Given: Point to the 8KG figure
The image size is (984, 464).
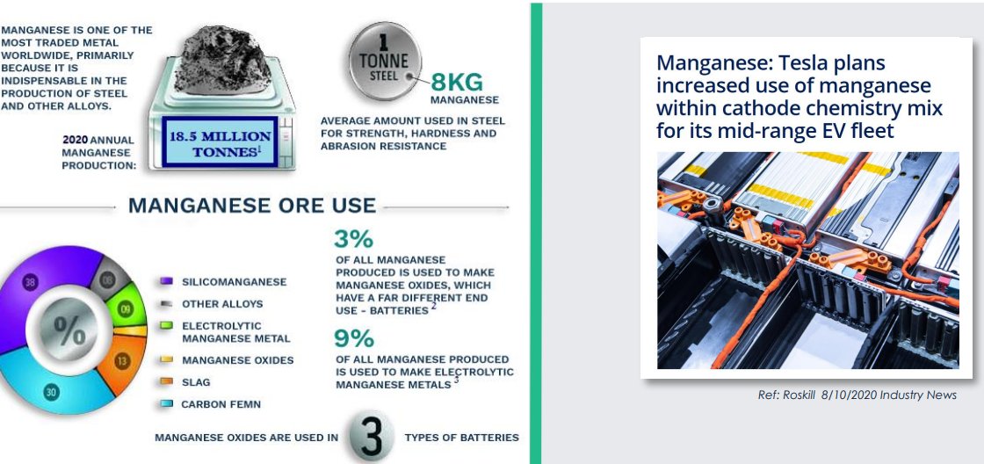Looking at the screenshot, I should pyautogui.click(x=457, y=83).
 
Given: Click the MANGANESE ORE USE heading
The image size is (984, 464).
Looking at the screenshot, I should pyautogui.click(x=252, y=207).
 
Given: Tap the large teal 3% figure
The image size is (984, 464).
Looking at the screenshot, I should pyautogui.click(x=353, y=239).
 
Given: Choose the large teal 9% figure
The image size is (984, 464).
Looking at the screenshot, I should pyautogui.click(x=353, y=338).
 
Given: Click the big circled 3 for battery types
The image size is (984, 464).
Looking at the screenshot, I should pyautogui.click(x=372, y=437).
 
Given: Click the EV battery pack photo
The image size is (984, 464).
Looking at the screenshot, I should pyautogui.click(x=807, y=259).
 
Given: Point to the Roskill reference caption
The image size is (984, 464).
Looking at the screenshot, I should pyautogui.click(x=857, y=395).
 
